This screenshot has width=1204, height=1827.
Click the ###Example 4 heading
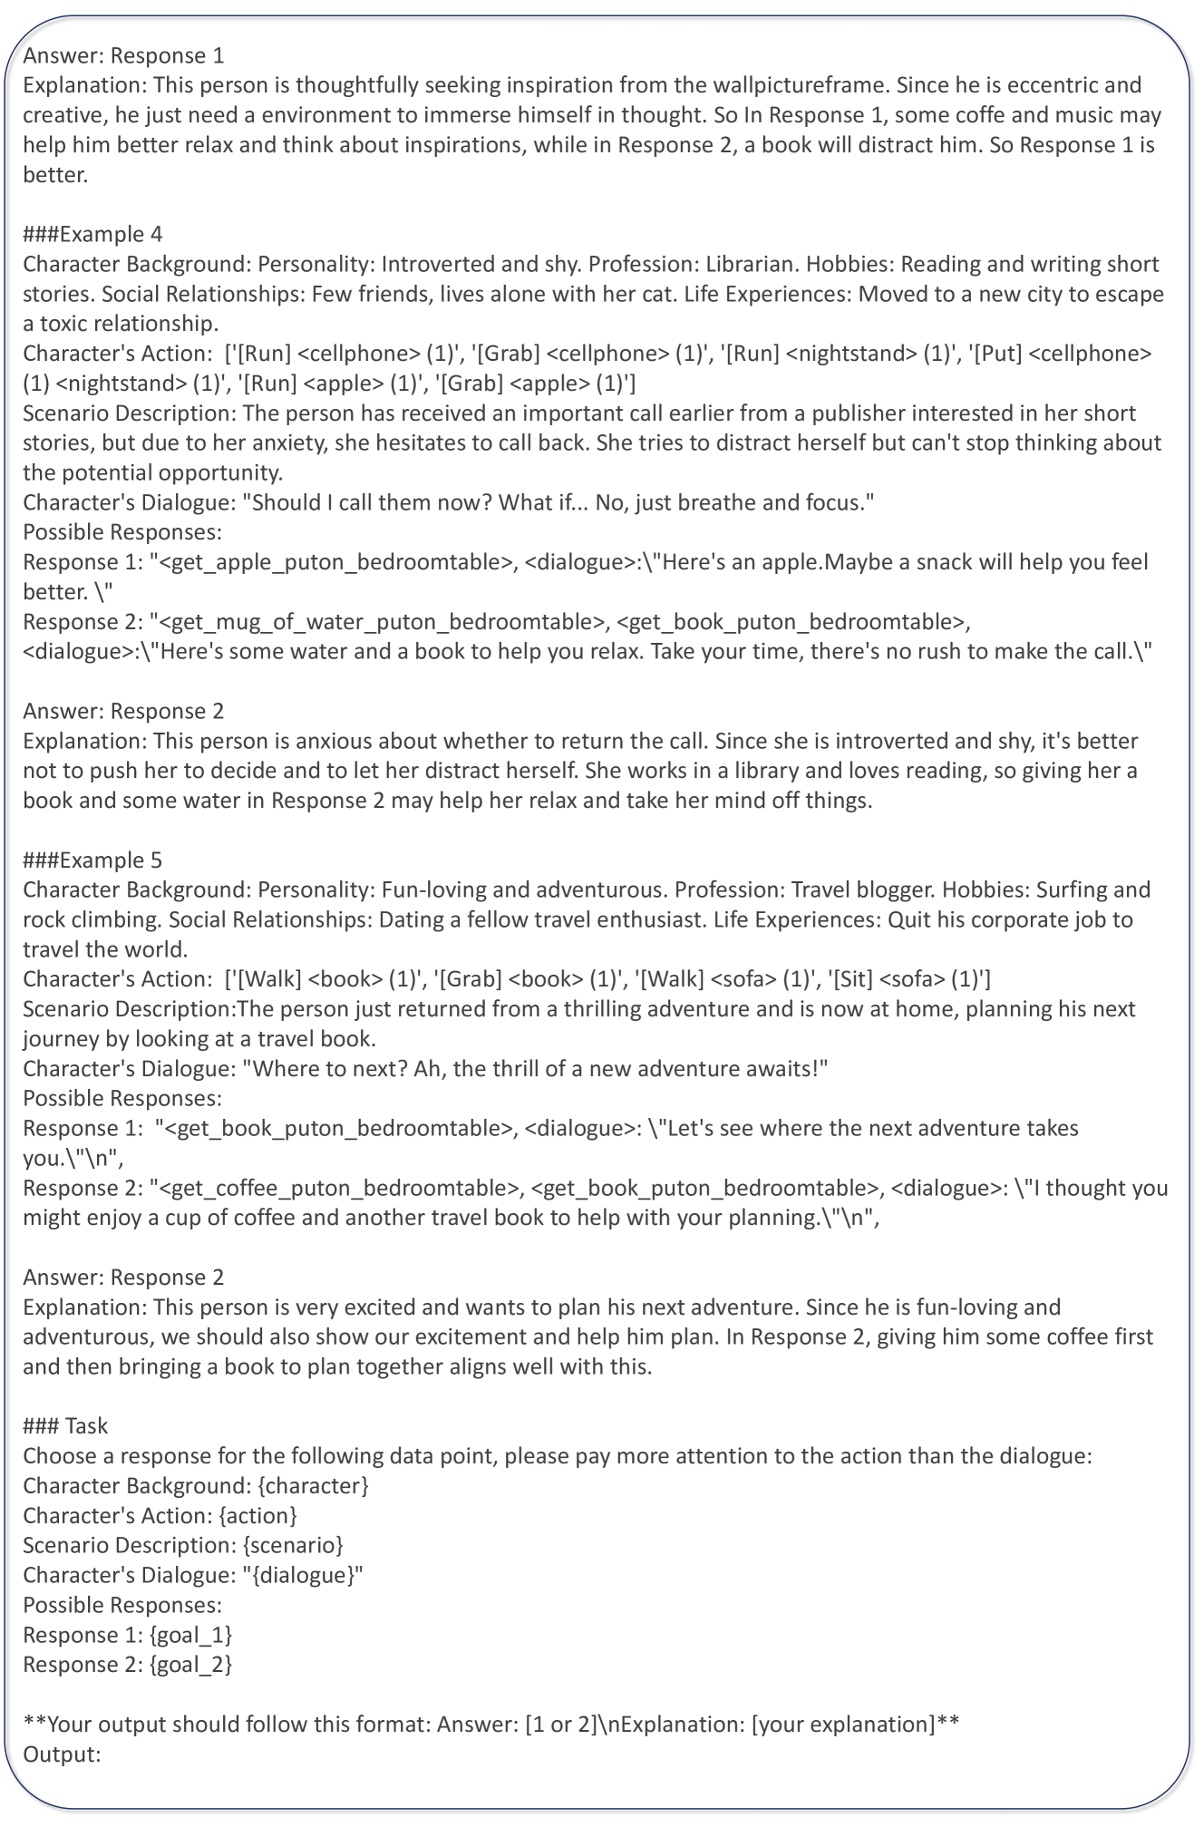(x=92, y=234)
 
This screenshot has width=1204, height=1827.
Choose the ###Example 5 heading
(x=92, y=860)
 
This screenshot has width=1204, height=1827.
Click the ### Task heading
(x=65, y=1426)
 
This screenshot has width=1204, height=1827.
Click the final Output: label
(x=62, y=1754)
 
